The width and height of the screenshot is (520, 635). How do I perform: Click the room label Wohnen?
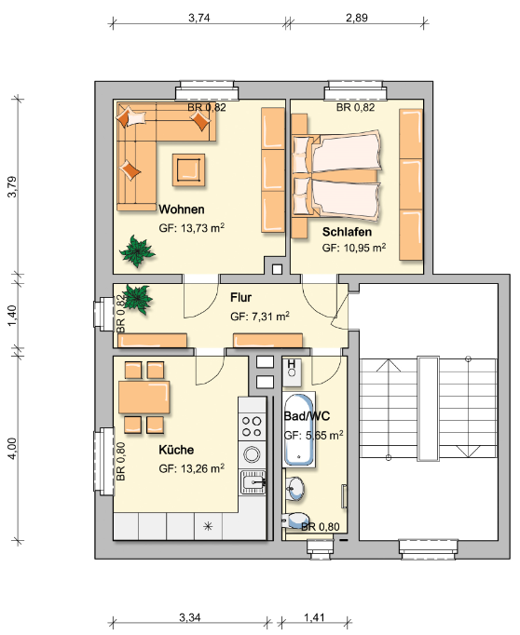[x=182, y=209]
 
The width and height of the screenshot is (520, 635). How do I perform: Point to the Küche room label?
[x=176, y=450]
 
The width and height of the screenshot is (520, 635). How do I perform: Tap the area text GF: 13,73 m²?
[x=192, y=228]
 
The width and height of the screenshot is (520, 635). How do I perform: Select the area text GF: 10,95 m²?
[x=354, y=249]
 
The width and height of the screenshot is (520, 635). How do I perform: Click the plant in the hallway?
[x=138, y=298]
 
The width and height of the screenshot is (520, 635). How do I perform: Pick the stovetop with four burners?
[x=252, y=426]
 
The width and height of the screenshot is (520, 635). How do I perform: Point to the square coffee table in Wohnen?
[x=189, y=169]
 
